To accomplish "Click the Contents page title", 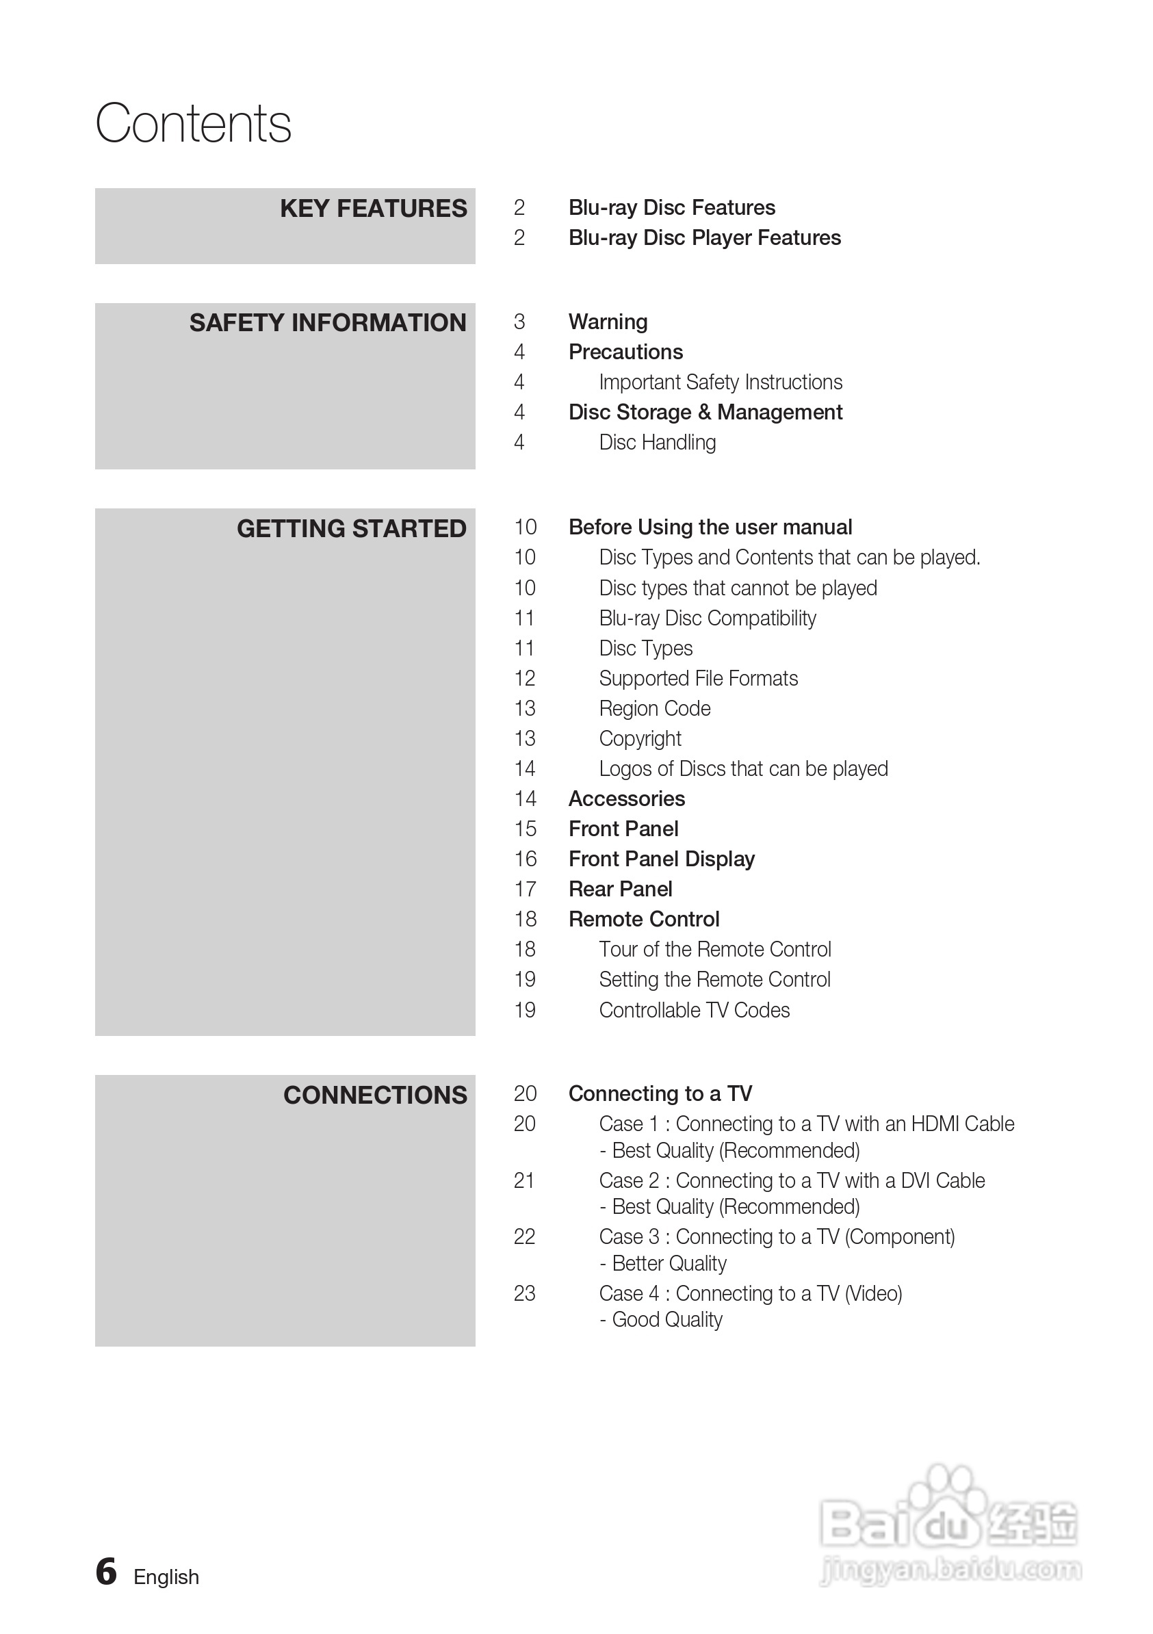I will tap(193, 123).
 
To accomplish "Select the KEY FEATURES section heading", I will tap(373, 209).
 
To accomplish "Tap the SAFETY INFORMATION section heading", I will tap(327, 323).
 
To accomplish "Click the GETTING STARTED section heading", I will tap(351, 529).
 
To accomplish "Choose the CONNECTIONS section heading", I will tap(375, 1095).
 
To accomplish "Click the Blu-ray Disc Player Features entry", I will tap(704, 237).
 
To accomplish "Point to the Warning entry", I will tap(608, 322).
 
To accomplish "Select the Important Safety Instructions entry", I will tap(721, 382).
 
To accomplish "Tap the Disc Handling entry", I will tap(657, 443).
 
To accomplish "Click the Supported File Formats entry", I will tap(698, 679).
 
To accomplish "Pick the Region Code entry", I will tap(655, 709).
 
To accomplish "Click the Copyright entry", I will tap(640, 739).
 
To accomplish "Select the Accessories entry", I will tap(626, 799).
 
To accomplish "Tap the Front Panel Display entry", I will tap(661, 859).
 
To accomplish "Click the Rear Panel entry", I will tap(620, 890).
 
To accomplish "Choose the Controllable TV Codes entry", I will tap(694, 1011).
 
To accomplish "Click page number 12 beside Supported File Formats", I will tap(525, 679).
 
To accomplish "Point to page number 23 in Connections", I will tap(525, 1294).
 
